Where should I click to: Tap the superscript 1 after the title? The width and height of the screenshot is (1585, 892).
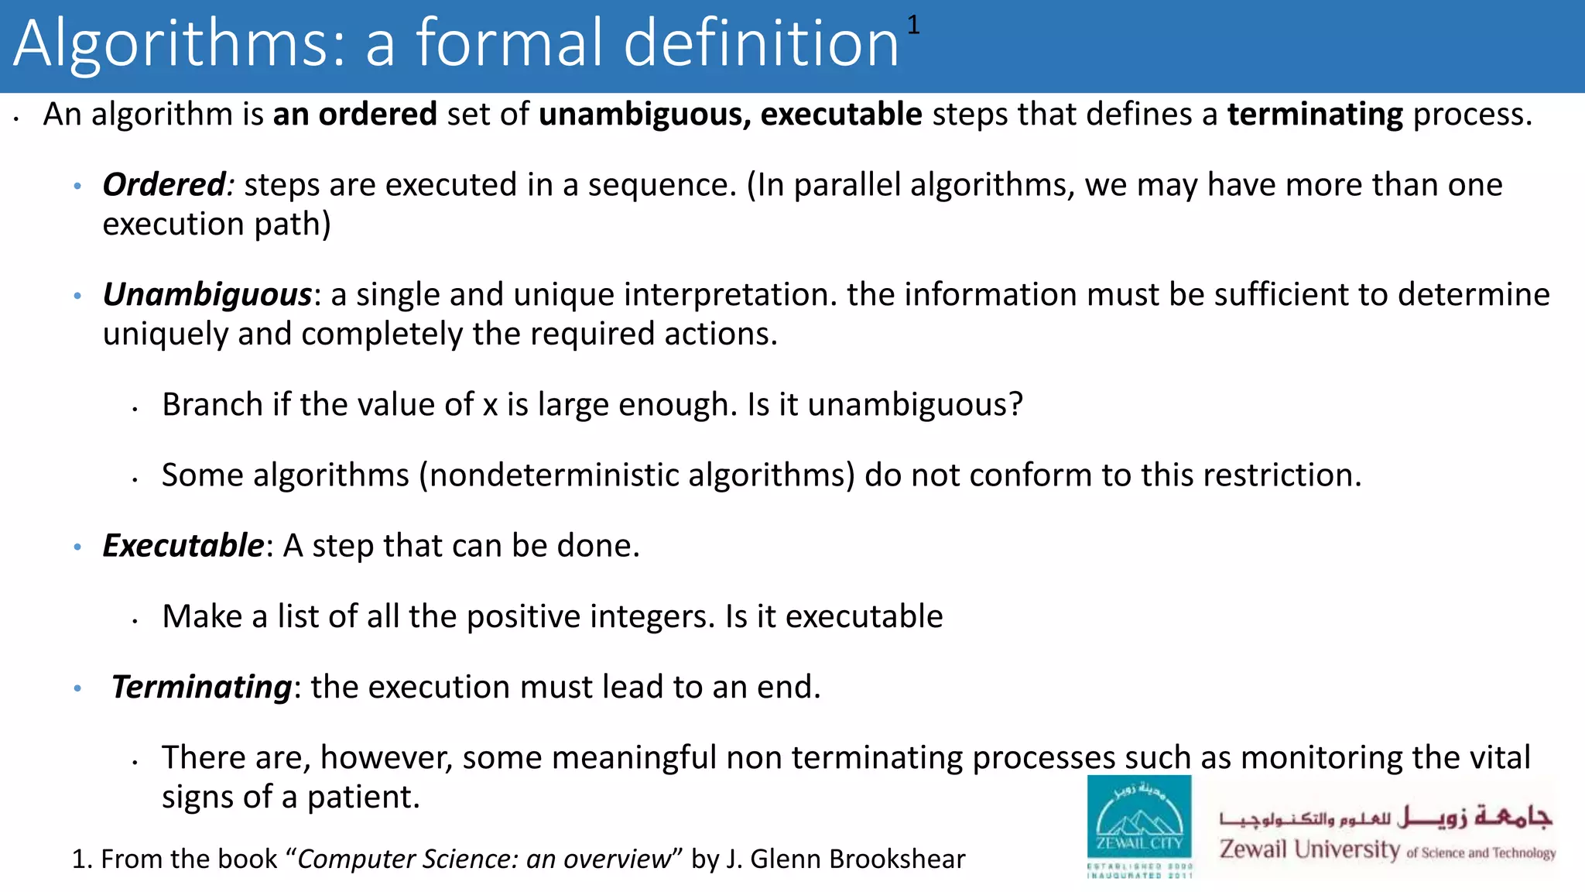point(913,26)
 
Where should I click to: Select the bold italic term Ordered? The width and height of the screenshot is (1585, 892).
point(164,185)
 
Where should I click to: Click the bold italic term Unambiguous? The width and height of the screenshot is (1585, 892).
point(207,295)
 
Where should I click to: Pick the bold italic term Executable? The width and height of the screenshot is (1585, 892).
point(183,546)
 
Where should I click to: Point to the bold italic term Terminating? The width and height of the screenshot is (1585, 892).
point(201,687)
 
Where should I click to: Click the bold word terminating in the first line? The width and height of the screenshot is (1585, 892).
point(1315,115)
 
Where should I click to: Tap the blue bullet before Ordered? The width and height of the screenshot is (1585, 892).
point(77,187)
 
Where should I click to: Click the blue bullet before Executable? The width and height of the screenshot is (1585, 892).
point(77,547)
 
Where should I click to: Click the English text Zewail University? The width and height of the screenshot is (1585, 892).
point(1309,849)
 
